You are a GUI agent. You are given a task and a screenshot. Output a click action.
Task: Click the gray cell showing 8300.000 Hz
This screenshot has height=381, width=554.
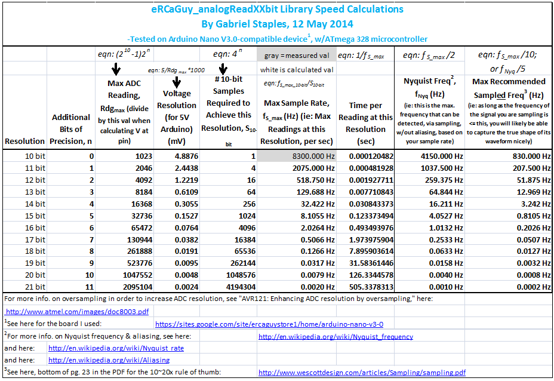297,156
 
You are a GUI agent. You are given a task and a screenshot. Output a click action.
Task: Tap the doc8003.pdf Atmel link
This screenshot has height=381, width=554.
77,311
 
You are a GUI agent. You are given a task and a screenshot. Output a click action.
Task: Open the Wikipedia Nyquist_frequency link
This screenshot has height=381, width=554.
336,336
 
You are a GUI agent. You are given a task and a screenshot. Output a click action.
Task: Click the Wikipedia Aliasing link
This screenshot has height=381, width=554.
109,360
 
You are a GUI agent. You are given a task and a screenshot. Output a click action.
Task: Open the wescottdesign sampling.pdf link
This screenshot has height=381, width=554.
362,372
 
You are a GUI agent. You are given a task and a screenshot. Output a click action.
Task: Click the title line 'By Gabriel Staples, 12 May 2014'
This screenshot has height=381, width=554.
277,24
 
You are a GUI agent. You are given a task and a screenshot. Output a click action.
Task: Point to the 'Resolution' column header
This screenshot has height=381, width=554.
24,141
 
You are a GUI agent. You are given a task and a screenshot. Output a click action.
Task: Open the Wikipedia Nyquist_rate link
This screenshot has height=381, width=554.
116,348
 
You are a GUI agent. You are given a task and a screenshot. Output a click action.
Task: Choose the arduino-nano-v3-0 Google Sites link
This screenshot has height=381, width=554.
269,324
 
